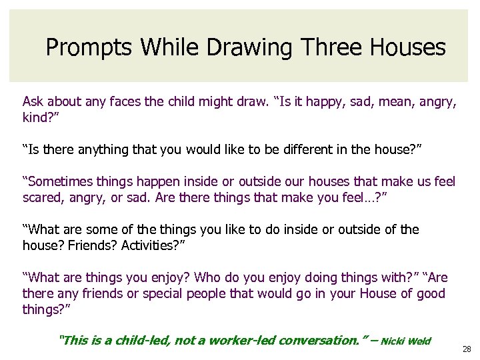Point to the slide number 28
coord(465,349)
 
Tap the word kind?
coord(37,118)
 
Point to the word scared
coord(42,198)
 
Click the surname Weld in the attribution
coord(419,342)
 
